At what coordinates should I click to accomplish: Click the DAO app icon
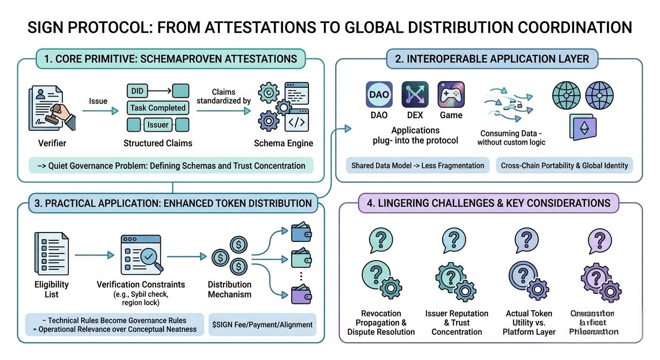click(x=379, y=94)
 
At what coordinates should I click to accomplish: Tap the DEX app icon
click(x=415, y=94)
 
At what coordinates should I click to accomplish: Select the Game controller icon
click(x=451, y=94)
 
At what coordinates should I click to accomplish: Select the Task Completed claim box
click(x=158, y=108)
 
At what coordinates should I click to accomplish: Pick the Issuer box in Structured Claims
click(x=158, y=125)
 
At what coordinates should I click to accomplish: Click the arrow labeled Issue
click(x=100, y=111)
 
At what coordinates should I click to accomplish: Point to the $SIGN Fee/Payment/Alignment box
click(x=262, y=324)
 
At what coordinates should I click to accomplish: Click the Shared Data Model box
click(x=418, y=165)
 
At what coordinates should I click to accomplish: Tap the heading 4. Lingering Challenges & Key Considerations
click(x=484, y=203)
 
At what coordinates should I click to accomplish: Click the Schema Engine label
click(x=283, y=143)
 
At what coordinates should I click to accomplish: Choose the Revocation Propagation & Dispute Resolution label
click(x=381, y=322)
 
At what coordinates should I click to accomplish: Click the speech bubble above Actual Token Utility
click(x=525, y=240)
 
